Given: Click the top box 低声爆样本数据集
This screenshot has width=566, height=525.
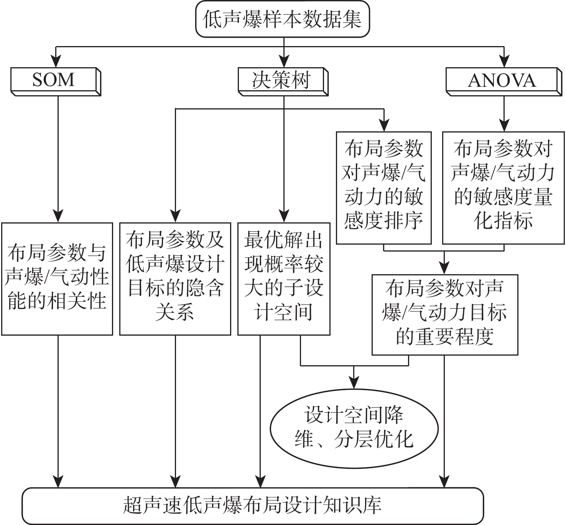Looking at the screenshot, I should pos(283,19).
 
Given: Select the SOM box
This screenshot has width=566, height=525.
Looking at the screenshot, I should pos(54,80).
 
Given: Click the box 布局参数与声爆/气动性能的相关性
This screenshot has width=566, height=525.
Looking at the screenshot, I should pos(57,279).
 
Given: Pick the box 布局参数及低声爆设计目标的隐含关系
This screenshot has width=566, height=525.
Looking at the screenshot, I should pos(175,279).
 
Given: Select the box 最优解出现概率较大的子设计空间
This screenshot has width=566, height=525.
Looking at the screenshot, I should pos(284,279).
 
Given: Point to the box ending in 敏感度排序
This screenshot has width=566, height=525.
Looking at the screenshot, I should pos(384,188).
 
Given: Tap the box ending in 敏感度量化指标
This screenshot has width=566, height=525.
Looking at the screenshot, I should pos(503,188).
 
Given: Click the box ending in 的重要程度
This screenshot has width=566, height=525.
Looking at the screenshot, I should pos(445,315).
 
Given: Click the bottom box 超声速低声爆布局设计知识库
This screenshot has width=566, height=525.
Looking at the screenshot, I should pos(253,505).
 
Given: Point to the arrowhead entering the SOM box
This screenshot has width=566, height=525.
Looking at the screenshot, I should pos(56,62).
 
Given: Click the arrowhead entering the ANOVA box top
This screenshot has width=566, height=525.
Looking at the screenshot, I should pos(504,62).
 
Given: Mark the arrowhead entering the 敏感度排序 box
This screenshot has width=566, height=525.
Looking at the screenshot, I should pos(384,126).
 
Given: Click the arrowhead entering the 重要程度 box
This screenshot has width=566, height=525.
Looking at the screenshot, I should pos(444,268).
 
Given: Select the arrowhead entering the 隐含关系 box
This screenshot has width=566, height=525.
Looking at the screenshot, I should pos(175,217).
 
